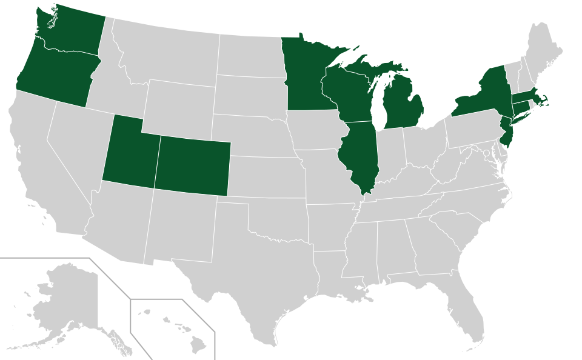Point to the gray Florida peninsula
pos(467,309)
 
